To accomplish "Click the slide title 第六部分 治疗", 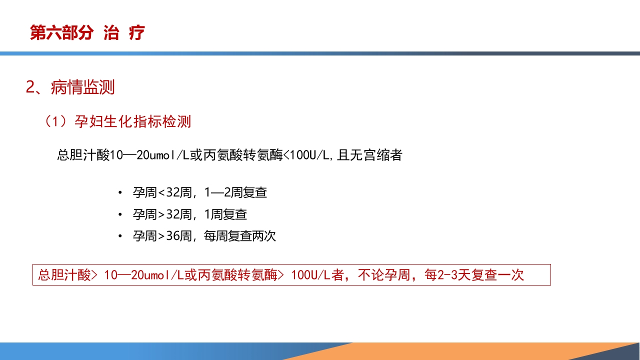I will pos(87,33).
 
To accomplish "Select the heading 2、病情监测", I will pos(70,87).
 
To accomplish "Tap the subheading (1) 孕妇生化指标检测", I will pos(117,121).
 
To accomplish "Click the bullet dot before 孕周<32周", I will pos(120,193).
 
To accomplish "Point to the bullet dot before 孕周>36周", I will pos(120,236).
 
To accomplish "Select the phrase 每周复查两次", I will pos(240,236).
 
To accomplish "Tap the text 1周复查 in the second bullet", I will pos(225,214).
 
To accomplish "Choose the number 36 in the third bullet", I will pos(172,236).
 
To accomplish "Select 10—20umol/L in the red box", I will pos(138,275).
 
